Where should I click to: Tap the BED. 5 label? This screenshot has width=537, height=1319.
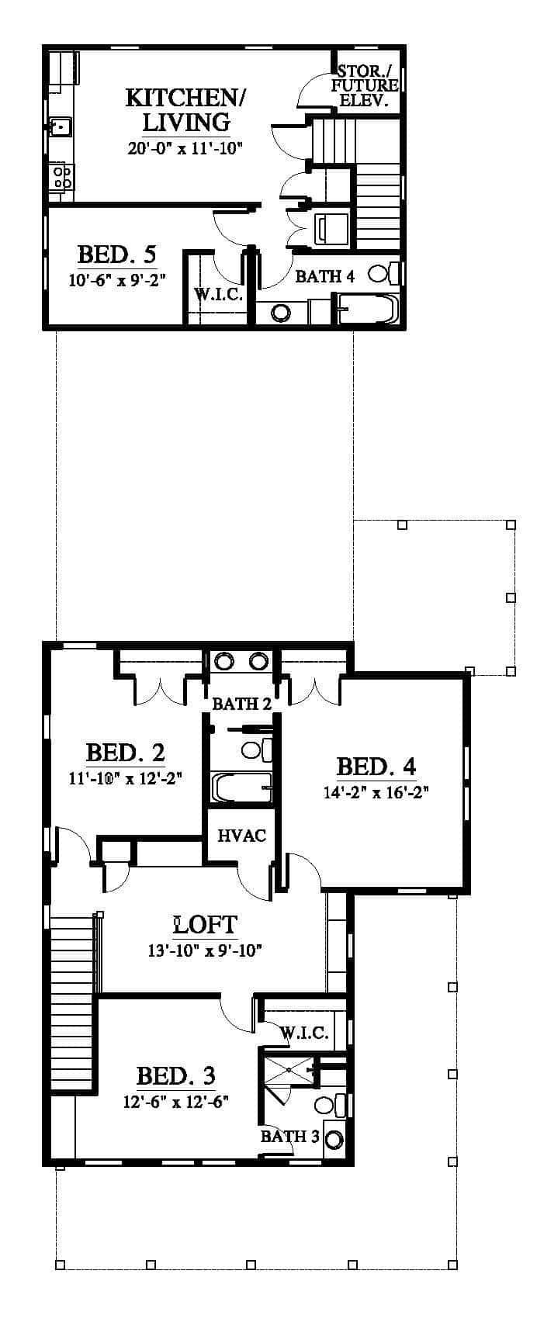(x=116, y=255)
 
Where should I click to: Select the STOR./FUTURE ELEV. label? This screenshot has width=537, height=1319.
(x=365, y=86)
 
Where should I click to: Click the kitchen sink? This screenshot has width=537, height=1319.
(x=60, y=126)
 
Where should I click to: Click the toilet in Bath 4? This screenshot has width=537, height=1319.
(x=384, y=274)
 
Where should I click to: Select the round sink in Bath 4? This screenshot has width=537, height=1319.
(x=282, y=313)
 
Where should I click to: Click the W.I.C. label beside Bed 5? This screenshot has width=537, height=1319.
(x=218, y=294)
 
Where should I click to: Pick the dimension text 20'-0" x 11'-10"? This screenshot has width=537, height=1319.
(x=185, y=147)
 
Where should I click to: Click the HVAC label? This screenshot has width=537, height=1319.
(x=241, y=836)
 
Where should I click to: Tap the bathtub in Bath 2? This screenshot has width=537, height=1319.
(x=241, y=788)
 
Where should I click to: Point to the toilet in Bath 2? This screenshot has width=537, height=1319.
(x=256, y=750)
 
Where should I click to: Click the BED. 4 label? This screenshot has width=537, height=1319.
(x=376, y=767)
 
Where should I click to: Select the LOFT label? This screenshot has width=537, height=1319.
(x=206, y=925)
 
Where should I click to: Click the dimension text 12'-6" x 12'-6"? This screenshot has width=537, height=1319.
(x=175, y=1101)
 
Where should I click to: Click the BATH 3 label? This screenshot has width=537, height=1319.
(x=289, y=1137)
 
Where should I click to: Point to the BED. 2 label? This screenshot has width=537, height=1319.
(x=126, y=753)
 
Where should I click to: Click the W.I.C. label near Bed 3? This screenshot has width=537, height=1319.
(x=304, y=1033)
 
